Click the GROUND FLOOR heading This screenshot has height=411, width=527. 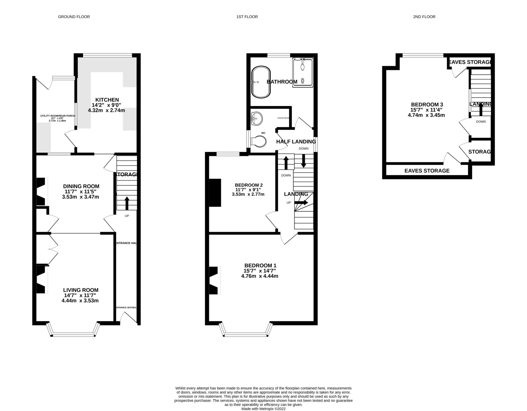pyautogui.click(x=74, y=17)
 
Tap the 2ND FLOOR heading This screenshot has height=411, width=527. pyautogui.click(x=424, y=17)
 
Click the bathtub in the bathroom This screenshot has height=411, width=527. pyautogui.click(x=261, y=82)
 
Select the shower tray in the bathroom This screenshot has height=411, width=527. pyautogui.click(x=303, y=73)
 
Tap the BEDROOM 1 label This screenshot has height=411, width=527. pyautogui.click(x=260, y=265)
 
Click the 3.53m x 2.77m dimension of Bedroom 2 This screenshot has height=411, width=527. pyautogui.click(x=248, y=194)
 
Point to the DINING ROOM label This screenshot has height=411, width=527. pyautogui.click(x=81, y=186)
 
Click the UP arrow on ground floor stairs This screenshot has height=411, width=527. pyautogui.click(x=127, y=203)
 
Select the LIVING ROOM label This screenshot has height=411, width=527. pyautogui.click(x=81, y=290)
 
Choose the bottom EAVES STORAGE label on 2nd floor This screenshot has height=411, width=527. pyautogui.click(x=427, y=171)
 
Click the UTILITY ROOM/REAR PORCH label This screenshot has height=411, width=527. pyautogui.click(x=57, y=116)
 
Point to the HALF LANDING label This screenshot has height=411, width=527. pyautogui.click(x=296, y=142)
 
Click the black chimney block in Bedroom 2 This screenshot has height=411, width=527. pyautogui.click(x=215, y=193)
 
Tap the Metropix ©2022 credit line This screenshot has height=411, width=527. pyautogui.click(x=263, y=409)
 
